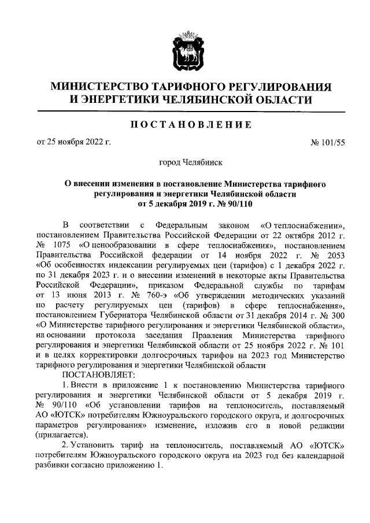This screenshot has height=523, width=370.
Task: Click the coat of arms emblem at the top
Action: point(185,51)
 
